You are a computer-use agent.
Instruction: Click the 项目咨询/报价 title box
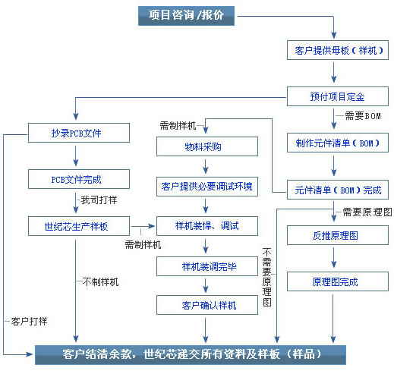click(x=186, y=16)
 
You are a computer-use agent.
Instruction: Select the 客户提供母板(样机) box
click(x=338, y=50)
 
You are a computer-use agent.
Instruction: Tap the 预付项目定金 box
click(x=338, y=96)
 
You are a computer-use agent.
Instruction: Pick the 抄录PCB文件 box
click(x=79, y=133)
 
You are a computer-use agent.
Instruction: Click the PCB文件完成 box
click(x=79, y=179)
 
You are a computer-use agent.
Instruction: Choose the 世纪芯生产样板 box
click(x=79, y=226)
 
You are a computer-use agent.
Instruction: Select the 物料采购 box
click(x=207, y=146)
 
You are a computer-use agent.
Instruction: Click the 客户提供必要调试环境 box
click(x=207, y=187)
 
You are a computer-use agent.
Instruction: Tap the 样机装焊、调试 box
click(x=207, y=226)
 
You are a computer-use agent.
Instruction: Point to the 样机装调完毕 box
click(x=207, y=266)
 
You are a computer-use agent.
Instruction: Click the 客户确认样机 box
click(x=207, y=305)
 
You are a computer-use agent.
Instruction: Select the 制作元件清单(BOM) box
click(x=338, y=143)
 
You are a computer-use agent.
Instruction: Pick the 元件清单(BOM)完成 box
click(x=338, y=190)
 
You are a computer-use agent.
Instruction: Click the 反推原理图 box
click(x=338, y=235)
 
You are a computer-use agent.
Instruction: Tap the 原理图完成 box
click(x=338, y=281)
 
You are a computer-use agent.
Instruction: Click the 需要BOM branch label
click(x=363, y=116)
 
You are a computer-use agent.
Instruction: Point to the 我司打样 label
click(x=99, y=200)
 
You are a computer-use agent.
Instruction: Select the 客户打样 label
click(x=29, y=322)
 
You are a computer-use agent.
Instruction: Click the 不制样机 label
click(x=100, y=281)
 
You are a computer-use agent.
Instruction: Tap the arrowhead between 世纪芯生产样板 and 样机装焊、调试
click(x=152, y=226)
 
